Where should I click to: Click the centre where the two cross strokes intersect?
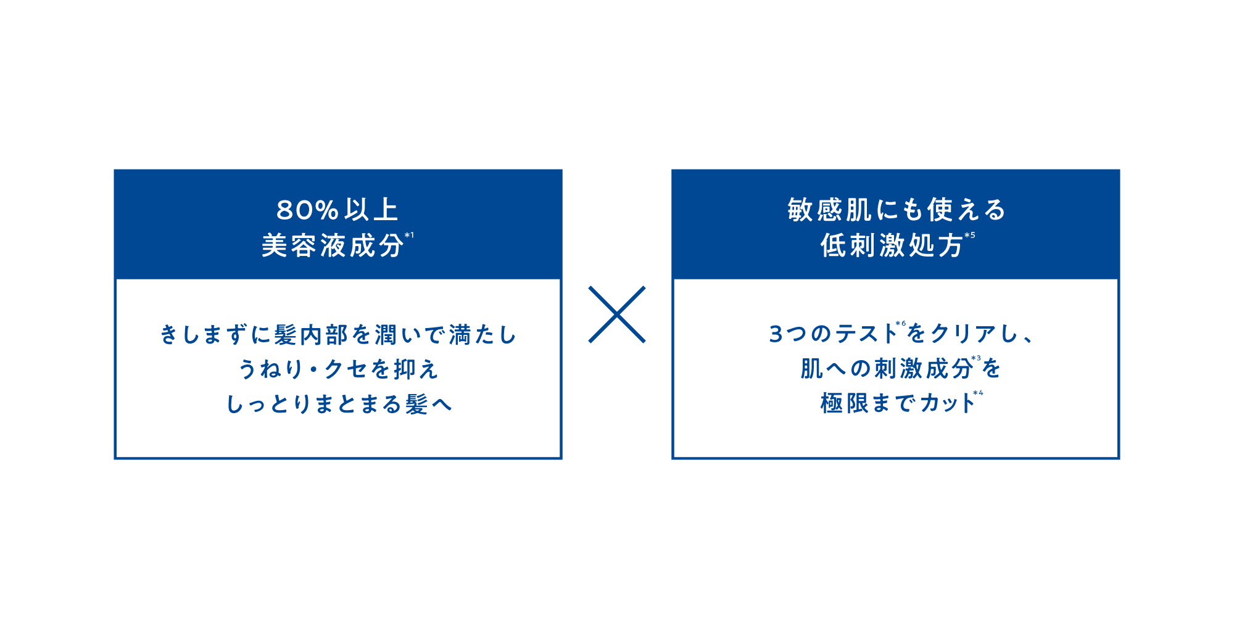617,314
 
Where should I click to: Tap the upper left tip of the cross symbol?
590,287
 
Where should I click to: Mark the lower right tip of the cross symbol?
644,342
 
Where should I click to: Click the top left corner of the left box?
114,170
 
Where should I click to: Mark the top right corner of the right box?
1120,170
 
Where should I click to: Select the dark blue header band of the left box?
338,224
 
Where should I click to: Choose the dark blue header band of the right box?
896,224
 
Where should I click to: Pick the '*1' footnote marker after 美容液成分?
409,235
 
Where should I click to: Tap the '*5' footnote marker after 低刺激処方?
970,235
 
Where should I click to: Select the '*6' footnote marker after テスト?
901,323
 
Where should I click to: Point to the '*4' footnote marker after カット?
978,393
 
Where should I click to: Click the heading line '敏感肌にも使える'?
897,210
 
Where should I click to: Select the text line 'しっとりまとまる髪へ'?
339,405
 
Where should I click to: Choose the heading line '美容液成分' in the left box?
333,245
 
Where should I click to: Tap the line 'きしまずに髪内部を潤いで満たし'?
338,335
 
